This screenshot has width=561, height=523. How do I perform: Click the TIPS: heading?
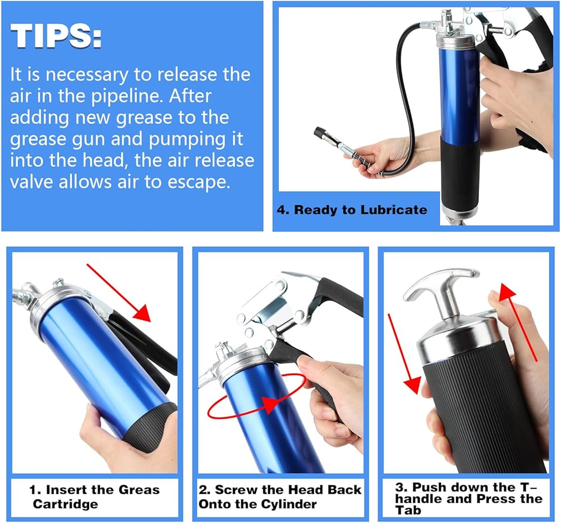(x=56, y=36)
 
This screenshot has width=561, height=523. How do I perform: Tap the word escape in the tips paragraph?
(x=199, y=182)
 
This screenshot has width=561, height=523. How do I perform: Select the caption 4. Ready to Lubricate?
(x=352, y=210)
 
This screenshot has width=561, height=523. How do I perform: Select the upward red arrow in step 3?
(x=517, y=322)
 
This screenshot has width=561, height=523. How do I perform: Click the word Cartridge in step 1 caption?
(x=65, y=504)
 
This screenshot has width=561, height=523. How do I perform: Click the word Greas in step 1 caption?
(x=139, y=490)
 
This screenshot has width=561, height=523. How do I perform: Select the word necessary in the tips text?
(x=87, y=75)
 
